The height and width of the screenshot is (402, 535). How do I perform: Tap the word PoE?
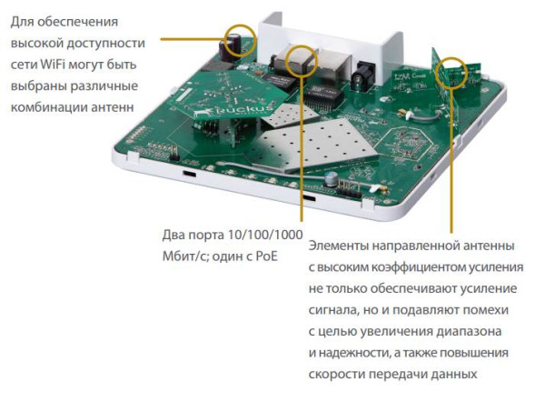point(263,256)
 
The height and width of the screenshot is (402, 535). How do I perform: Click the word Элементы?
point(337,246)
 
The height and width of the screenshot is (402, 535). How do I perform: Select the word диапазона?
point(468,330)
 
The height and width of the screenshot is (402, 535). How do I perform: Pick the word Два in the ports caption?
point(173,235)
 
